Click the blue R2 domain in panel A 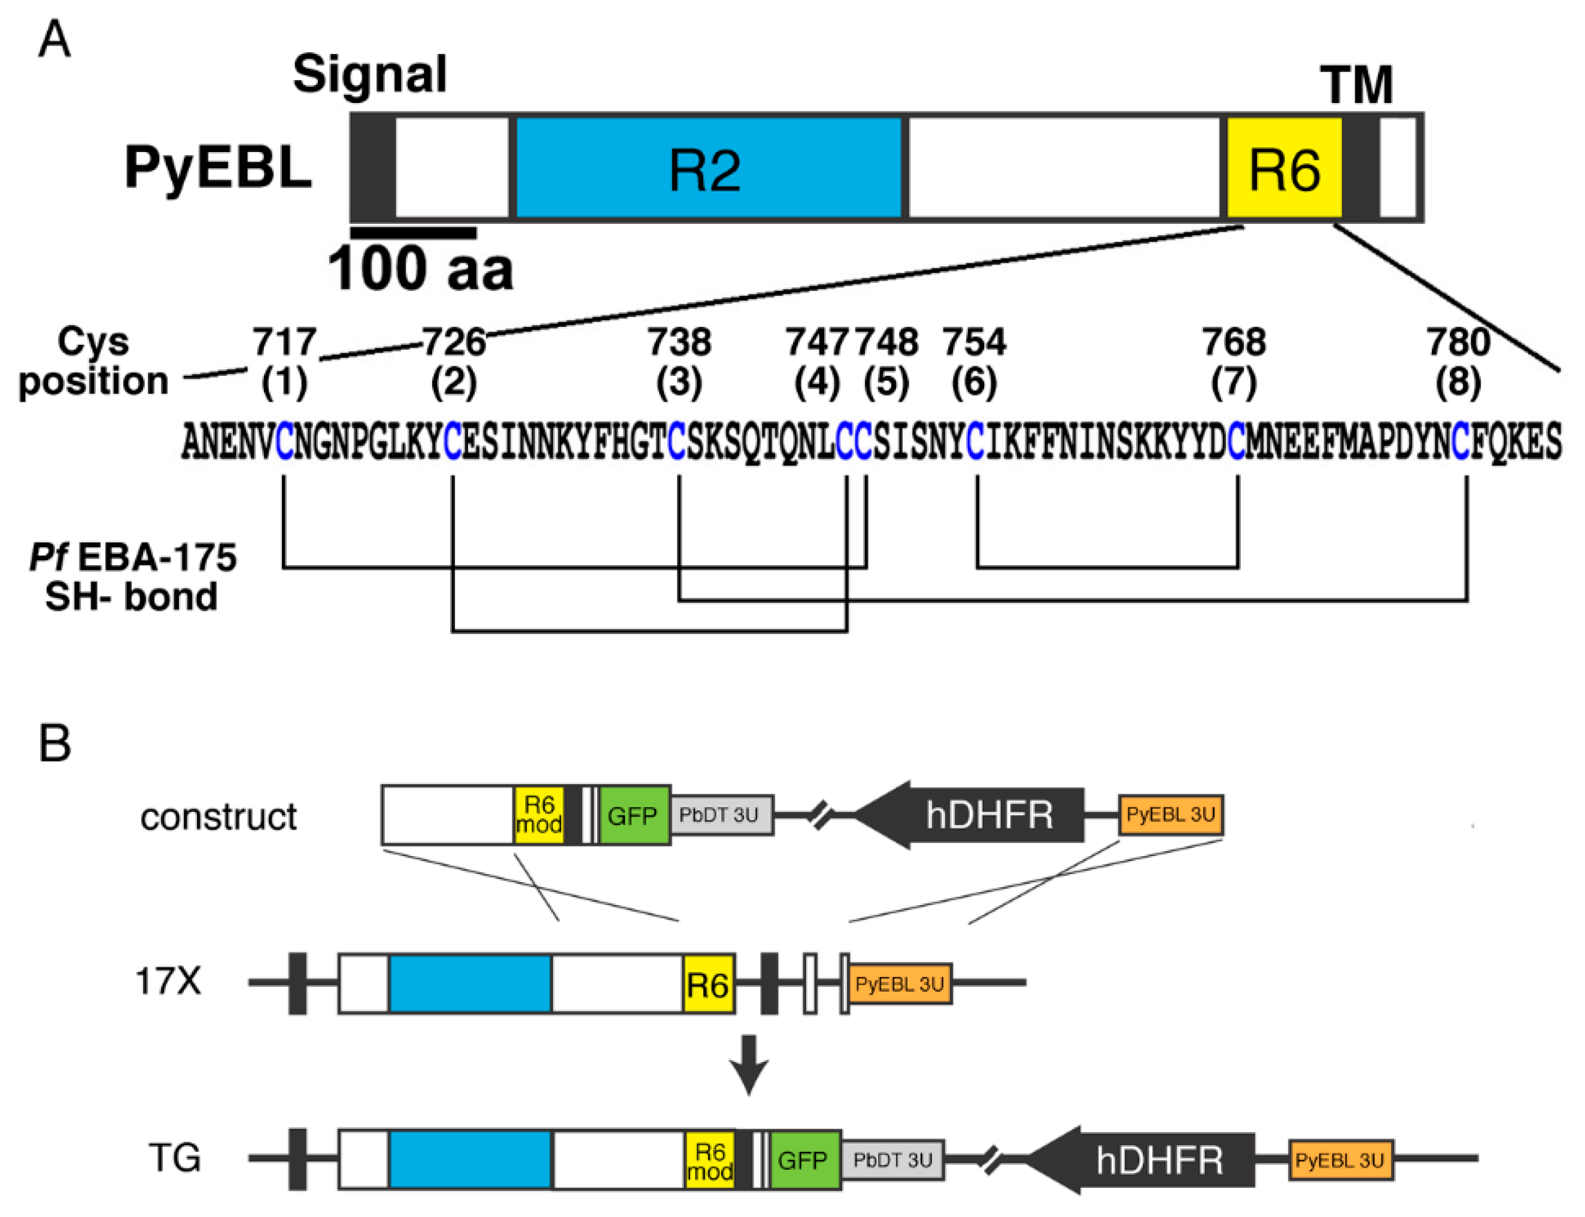[706, 168]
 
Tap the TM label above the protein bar [1355, 86]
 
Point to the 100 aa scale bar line [413, 232]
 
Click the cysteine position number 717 [284, 342]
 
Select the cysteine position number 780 [1458, 342]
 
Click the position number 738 [679, 342]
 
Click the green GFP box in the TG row [803, 1160]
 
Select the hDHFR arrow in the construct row [971, 815]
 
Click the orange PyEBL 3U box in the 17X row [899, 984]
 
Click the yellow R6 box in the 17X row [708, 984]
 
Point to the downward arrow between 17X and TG [748, 1063]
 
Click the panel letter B [54, 744]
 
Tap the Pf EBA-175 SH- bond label [132, 577]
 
